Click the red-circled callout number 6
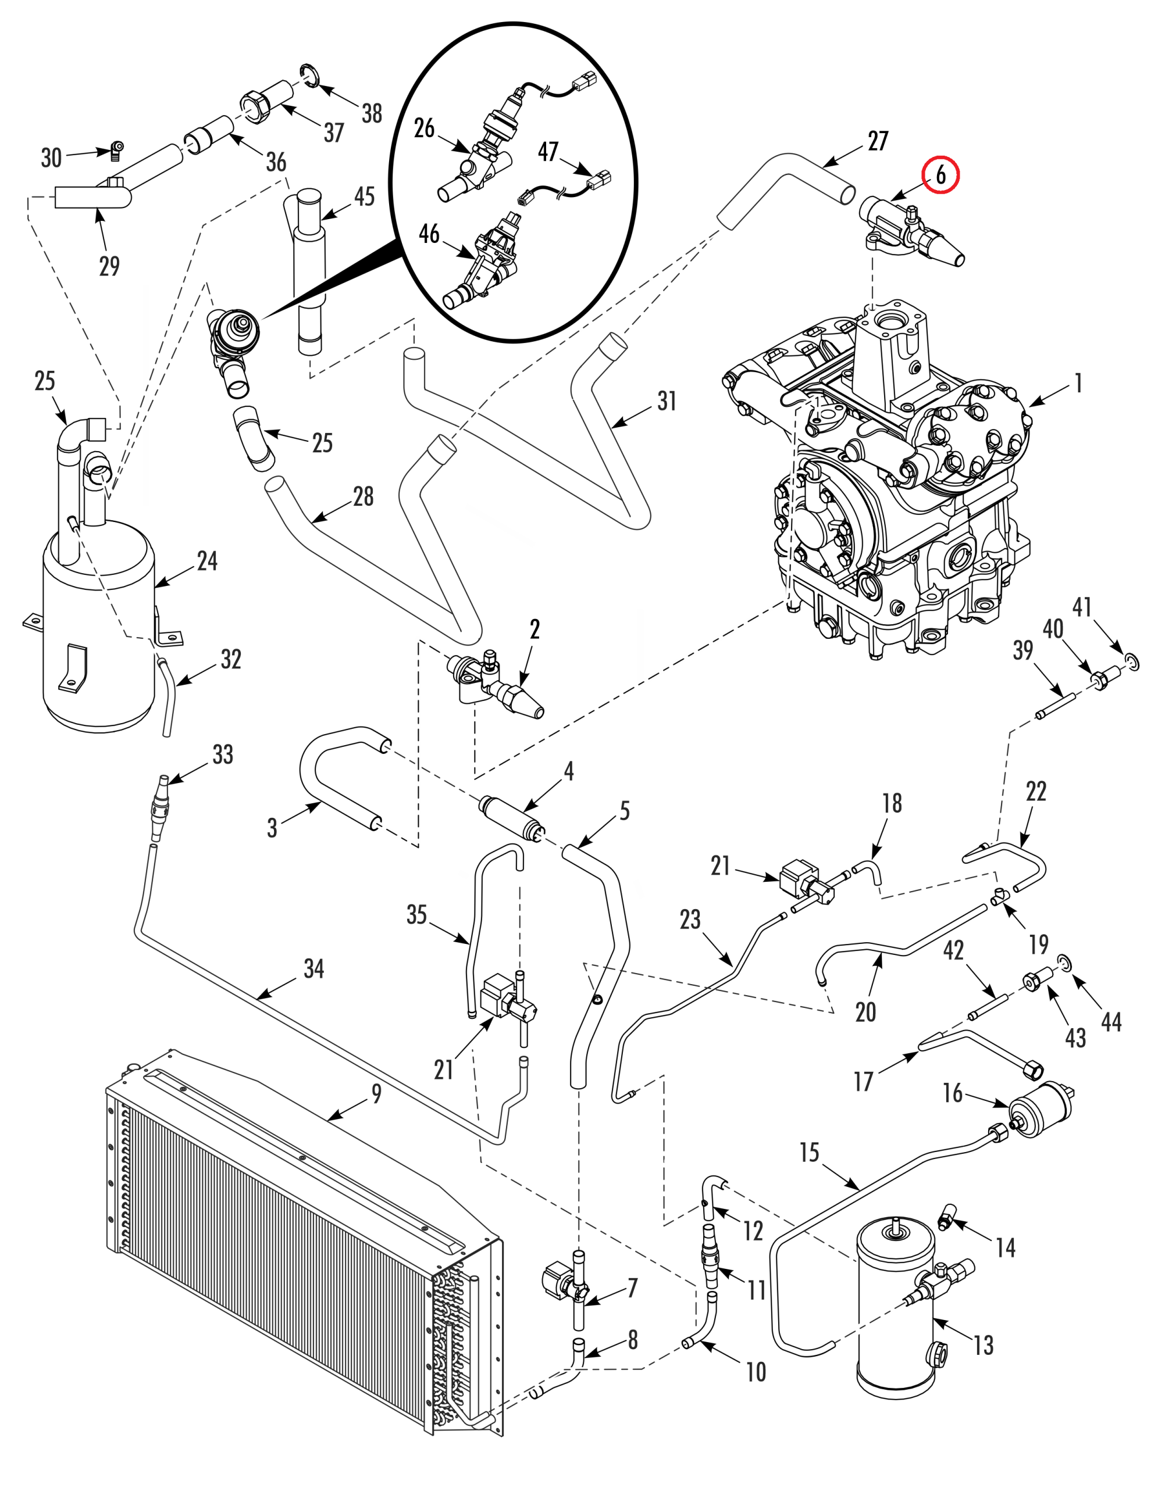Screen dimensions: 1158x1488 point(940,175)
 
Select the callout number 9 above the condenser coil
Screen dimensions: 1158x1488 point(376,1093)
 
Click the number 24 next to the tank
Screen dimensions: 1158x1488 point(207,561)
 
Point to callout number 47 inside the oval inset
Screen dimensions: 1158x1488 point(548,151)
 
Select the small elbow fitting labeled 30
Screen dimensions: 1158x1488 point(117,149)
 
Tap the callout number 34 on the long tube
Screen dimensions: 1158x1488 point(313,969)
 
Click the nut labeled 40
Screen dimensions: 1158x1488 point(1102,678)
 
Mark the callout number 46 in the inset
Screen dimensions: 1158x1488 point(429,234)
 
